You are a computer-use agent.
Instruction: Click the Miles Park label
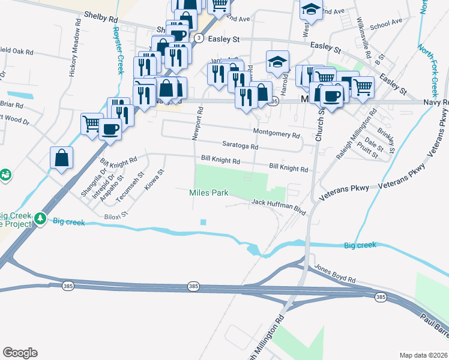pos(209,193)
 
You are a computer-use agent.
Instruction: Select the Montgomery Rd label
pos(276,134)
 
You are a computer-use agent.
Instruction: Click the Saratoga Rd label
pos(240,146)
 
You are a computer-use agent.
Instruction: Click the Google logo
pos(20,353)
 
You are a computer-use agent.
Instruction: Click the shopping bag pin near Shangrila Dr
pos(62,158)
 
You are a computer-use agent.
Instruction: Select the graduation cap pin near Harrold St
pos(277,61)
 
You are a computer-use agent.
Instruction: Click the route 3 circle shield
pos(198,37)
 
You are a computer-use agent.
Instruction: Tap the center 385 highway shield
pos(193,287)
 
